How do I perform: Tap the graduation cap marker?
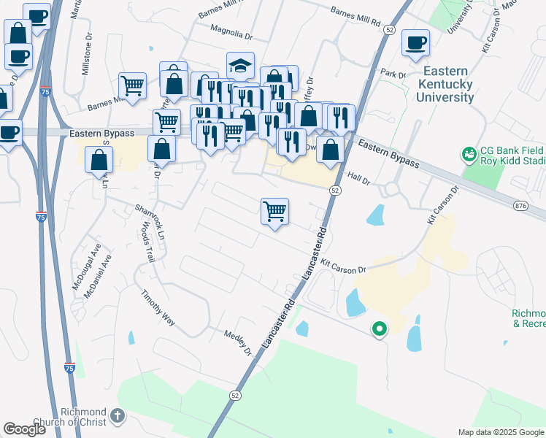coord(240,66)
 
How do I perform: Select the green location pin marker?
coord(379,330)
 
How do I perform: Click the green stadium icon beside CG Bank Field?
coord(468,155)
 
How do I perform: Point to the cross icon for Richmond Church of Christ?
coord(118,418)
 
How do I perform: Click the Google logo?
coord(24,430)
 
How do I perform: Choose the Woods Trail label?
coord(147,242)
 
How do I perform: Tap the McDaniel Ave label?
coord(101,274)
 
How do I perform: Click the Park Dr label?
coord(393,74)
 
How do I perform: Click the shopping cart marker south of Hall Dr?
coord(274,212)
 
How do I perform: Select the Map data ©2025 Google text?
coord(501,432)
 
